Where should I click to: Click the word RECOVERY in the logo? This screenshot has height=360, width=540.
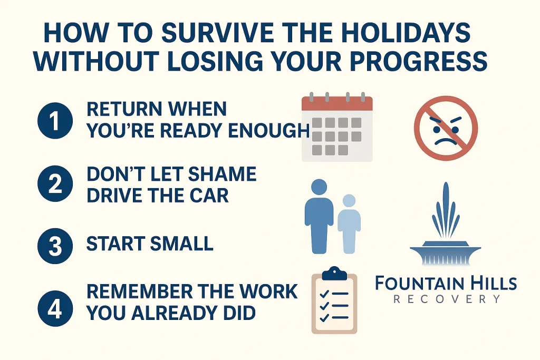[446, 299]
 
